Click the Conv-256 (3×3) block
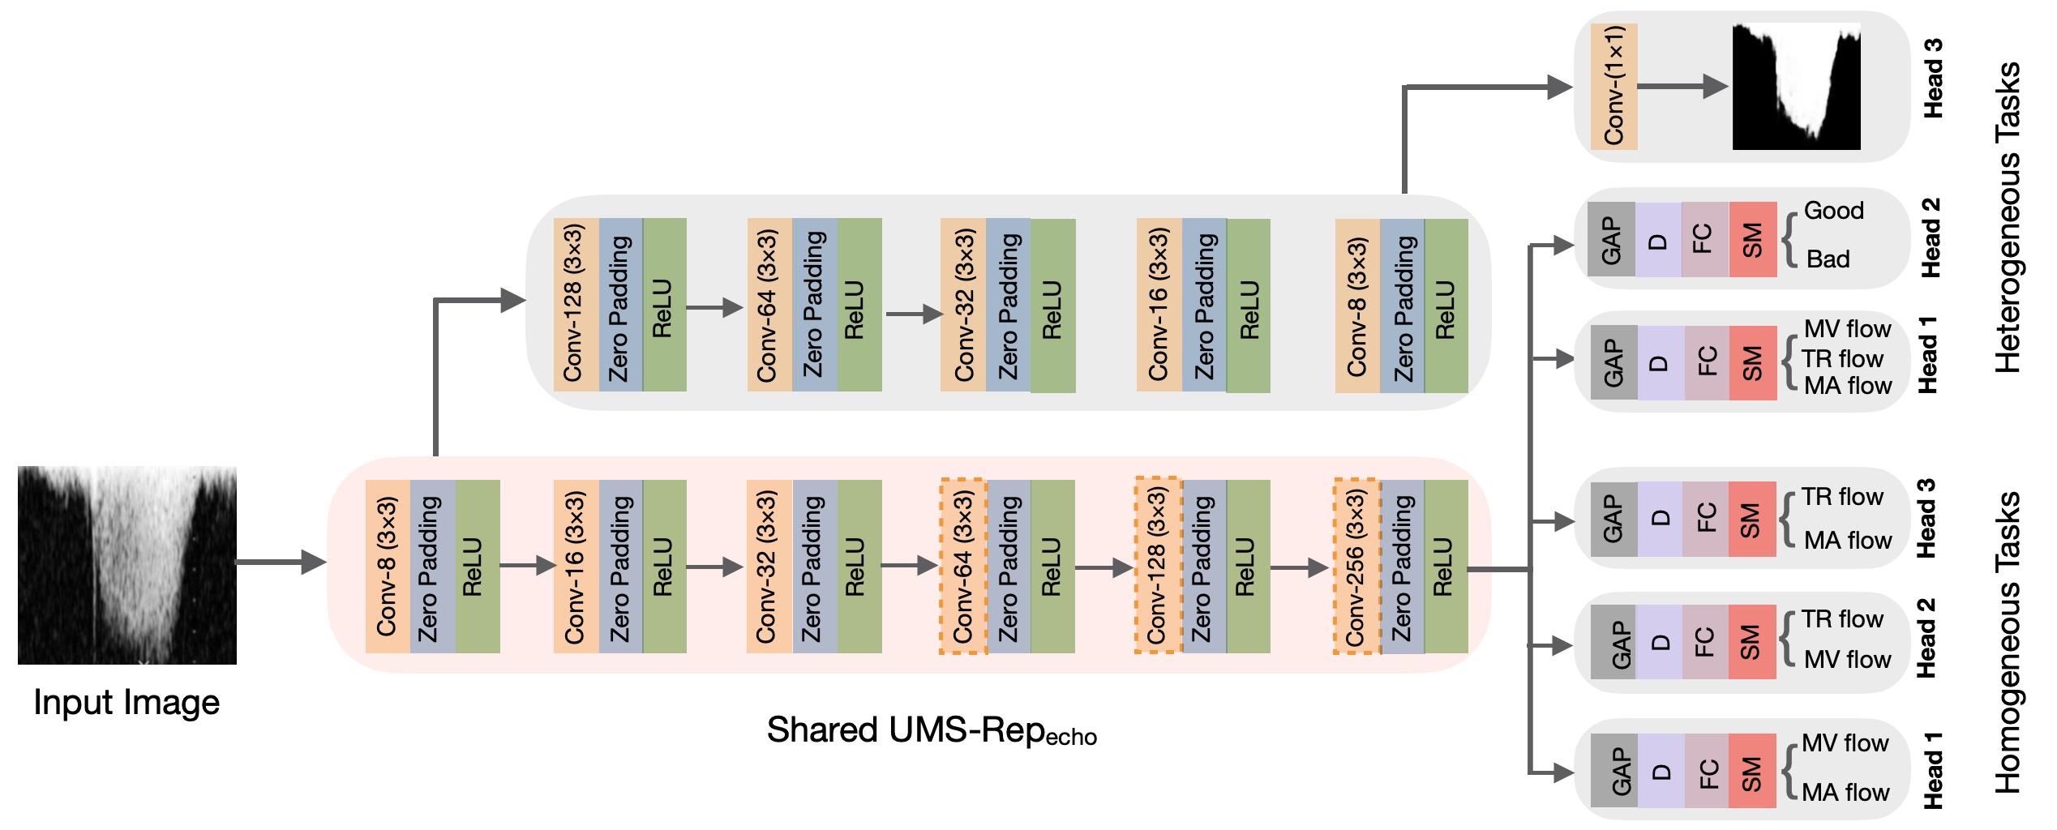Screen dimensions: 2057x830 1357,566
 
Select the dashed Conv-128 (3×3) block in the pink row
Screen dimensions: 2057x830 1158,565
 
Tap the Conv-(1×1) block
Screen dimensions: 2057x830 1613,86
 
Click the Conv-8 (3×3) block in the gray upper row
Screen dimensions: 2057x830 1357,306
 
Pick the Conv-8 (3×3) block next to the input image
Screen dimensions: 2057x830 388,566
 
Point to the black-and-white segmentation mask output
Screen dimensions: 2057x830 1796,86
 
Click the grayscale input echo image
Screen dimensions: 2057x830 127,565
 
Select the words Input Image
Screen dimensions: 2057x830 126,702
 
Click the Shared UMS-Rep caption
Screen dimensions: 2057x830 932,730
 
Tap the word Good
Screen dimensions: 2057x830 1834,211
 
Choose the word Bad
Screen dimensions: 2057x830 1828,259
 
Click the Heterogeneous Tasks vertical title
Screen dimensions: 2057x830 2008,217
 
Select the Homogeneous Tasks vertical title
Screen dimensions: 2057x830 2008,642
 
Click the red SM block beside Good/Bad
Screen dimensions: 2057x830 1753,239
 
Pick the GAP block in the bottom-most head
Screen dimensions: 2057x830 1613,771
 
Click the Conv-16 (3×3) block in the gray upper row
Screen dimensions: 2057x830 1159,305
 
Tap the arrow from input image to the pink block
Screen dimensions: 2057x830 281,562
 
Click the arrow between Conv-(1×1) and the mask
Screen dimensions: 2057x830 1683,86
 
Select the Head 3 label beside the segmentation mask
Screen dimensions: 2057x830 1933,78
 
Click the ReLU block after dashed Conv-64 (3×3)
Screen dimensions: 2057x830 1052,566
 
